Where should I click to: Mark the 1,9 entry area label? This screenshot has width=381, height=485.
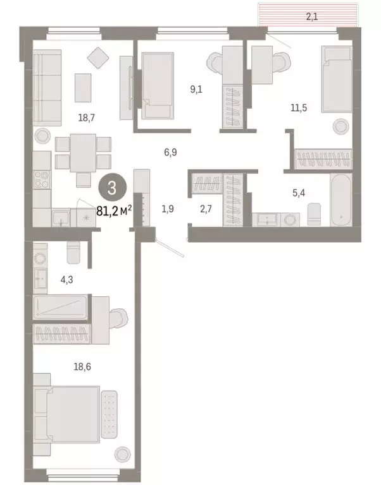pos(168,208)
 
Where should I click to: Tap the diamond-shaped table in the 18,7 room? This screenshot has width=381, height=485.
pos(98,59)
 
